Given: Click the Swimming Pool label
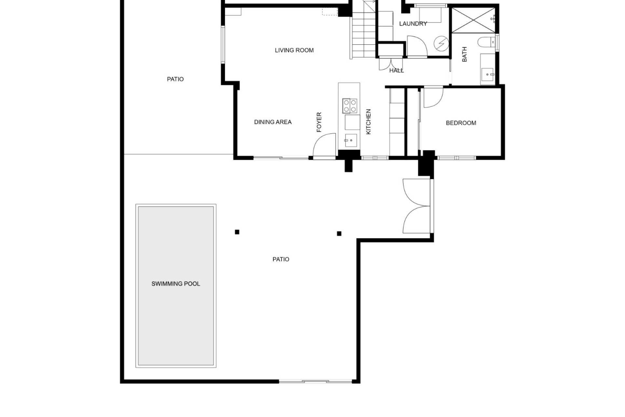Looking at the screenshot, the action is pyautogui.click(x=176, y=284).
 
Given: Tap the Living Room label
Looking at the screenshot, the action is pyautogui.click(x=294, y=50).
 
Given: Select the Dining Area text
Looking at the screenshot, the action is pyautogui.click(x=273, y=122).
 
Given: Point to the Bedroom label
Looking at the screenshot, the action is pyautogui.click(x=461, y=123).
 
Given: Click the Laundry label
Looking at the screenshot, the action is pyautogui.click(x=413, y=24).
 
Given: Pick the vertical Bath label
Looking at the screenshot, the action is pyautogui.click(x=465, y=54).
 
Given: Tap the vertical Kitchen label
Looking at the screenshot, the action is pyautogui.click(x=368, y=122).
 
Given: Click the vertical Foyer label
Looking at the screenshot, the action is pyautogui.click(x=319, y=122).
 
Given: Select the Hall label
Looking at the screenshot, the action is pyautogui.click(x=396, y=70).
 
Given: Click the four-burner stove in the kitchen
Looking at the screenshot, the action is pyautogui.click(x=350, y=106).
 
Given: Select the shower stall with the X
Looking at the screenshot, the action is pyautogui.click(x=473, y=20).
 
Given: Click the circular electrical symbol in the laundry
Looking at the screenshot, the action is pyautogui.click(x=441, y=43).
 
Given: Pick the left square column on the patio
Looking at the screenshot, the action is pyautogui.click(x=237, y=232).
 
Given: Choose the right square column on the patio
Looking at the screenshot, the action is pyautogui.click(x=339, y=234).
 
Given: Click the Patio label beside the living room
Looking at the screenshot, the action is pyautogui.click(x=175, y=79).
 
